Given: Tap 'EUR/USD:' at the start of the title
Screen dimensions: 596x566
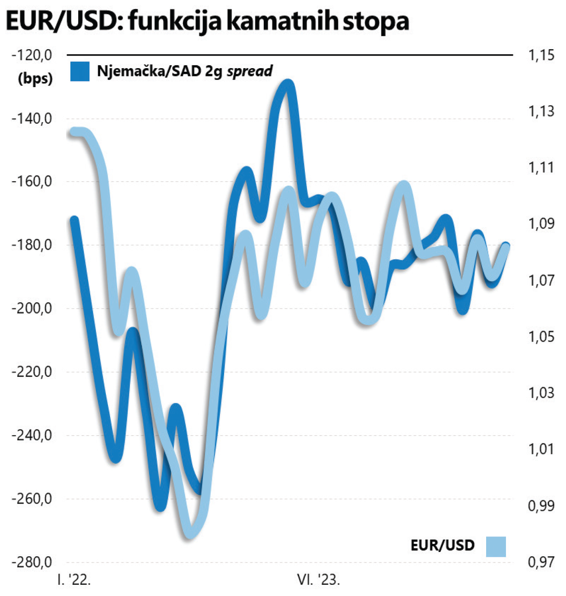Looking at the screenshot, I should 64,22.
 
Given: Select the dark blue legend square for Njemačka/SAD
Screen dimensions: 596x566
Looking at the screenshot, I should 80,72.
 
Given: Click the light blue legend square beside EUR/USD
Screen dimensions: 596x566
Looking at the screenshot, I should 496,546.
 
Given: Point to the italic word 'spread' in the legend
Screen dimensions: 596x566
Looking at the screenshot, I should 250,71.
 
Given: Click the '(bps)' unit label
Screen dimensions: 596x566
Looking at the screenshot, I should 35,78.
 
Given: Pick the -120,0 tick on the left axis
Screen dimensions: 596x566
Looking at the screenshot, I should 32,55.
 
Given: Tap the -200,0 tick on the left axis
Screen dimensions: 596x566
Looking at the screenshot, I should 32,308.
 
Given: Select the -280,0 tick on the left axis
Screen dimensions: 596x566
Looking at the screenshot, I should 32,562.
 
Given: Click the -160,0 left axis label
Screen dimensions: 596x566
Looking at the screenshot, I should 32,182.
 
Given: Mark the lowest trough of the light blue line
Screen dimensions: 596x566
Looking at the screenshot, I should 190,534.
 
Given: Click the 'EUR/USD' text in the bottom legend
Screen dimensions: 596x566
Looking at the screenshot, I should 443,546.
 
